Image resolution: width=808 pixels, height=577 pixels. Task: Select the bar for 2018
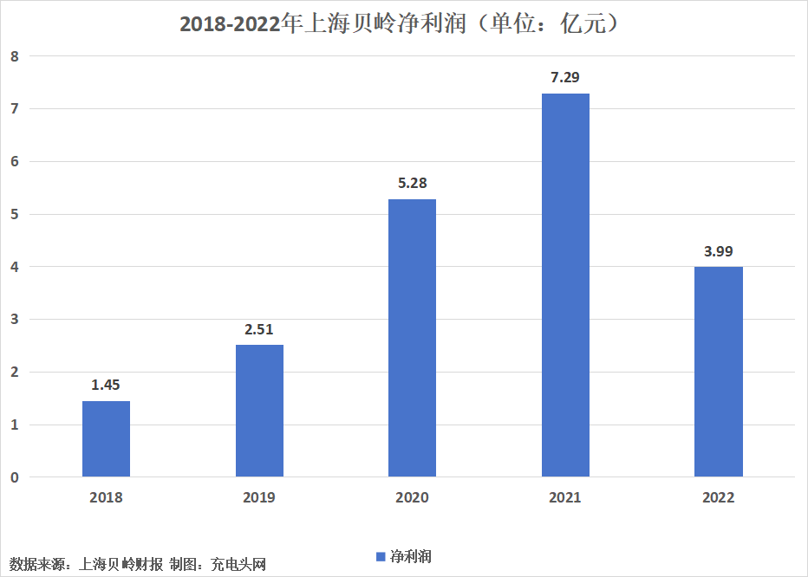[106, 439]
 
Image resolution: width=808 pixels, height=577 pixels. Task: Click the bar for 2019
[260, 411]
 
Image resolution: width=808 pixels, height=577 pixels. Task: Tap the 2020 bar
[413, 338]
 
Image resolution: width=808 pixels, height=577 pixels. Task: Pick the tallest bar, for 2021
[565, 285]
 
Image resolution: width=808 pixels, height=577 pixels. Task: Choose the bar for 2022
[719, 372]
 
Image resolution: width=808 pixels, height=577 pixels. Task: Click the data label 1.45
[106, 385]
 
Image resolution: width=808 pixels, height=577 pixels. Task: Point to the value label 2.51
[258, 329]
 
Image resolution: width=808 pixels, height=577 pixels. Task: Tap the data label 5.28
[413, 183]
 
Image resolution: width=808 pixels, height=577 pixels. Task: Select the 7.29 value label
[565, 77]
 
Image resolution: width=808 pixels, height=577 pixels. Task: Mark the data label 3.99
[719, 251]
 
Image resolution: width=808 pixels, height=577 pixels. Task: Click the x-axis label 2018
[106, 497]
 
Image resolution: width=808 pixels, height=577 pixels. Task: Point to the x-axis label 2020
[413, 497]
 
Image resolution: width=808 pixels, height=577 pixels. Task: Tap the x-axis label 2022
[719, 497]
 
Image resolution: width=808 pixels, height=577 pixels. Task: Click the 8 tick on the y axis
[15, 56]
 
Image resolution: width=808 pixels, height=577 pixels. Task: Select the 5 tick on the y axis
[15, 214]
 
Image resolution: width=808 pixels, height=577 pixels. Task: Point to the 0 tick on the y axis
[15, 477]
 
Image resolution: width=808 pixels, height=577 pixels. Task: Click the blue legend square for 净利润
[381, 557]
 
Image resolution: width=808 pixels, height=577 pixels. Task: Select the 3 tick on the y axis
[15, 320]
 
